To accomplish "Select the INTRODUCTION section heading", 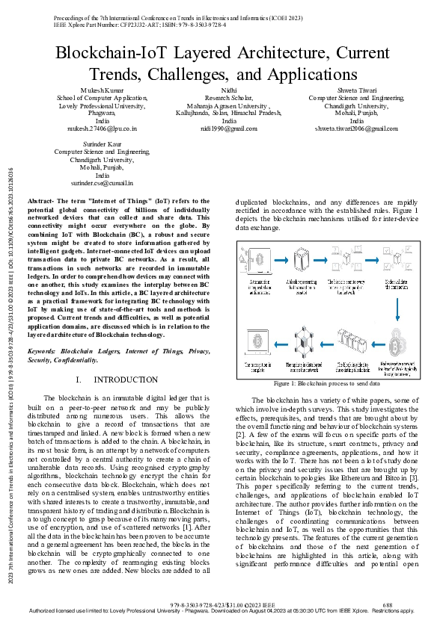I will [129, 380].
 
